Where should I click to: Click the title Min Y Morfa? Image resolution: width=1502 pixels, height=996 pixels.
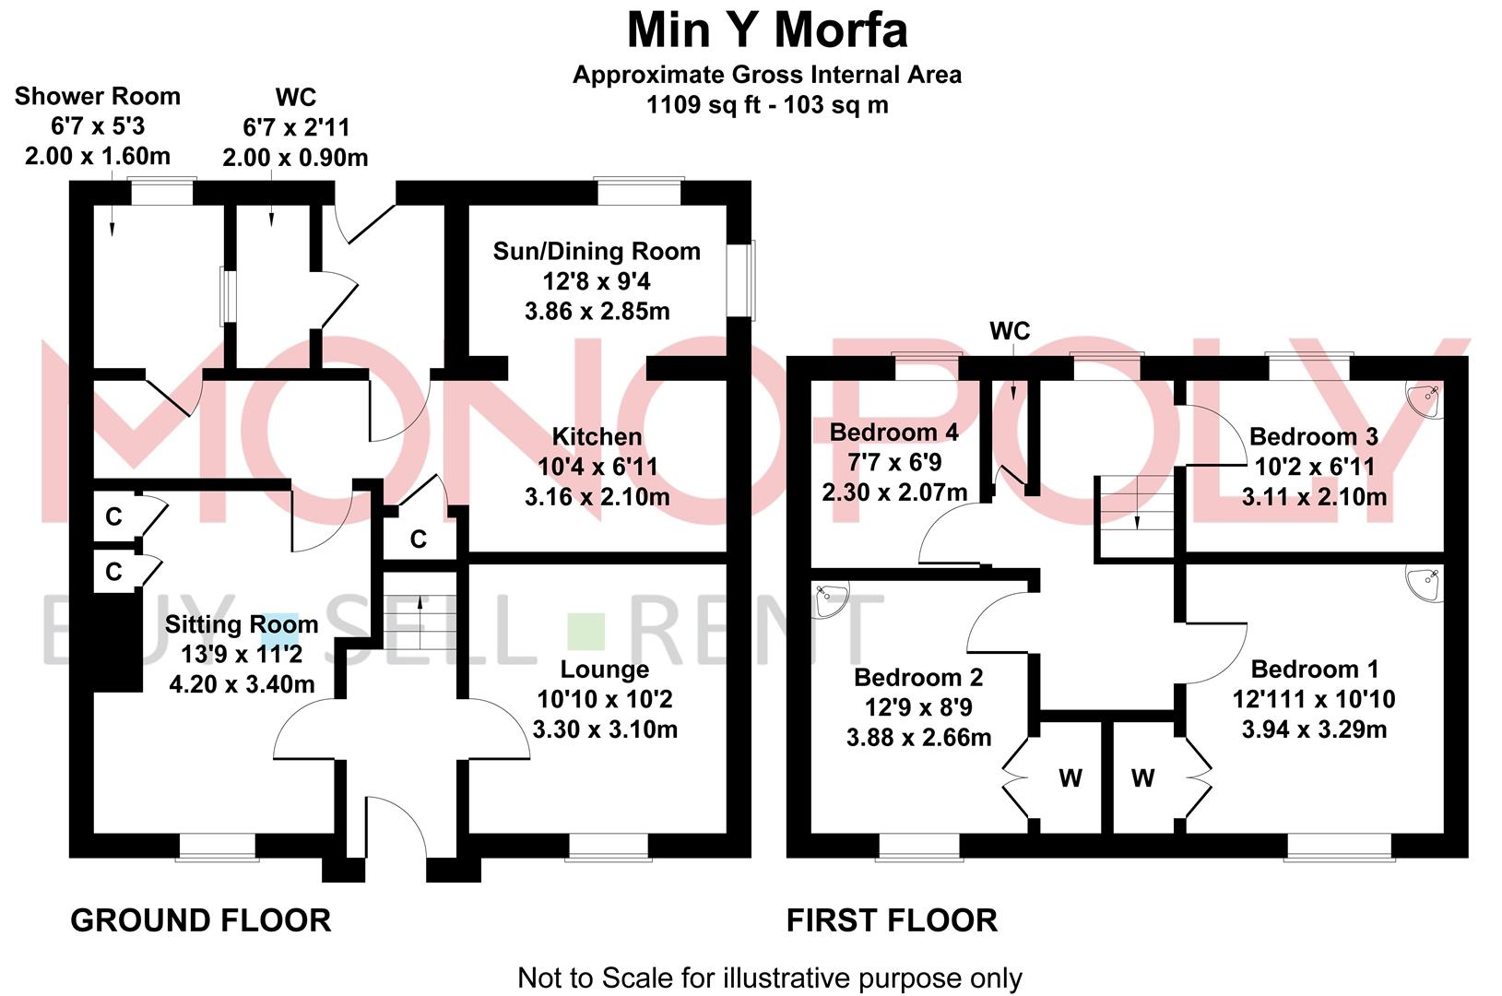pyautogui.click(x=767, y=30)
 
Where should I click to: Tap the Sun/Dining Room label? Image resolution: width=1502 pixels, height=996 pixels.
pyautogui.click(x=597, y=252)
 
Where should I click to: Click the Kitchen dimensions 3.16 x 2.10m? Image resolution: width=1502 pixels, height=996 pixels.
pyautogui.click(x=597, y=497)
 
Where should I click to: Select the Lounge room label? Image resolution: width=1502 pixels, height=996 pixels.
pyautogui.click(x=605, y=670)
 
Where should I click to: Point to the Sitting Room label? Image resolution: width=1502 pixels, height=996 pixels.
pyautogui.click(x=242, y=624)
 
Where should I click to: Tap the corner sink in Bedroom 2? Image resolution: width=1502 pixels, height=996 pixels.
pyautogui.click(x=829, y=599)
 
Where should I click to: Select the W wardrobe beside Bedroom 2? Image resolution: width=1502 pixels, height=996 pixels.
pyautogui.click(x=1070, y=778)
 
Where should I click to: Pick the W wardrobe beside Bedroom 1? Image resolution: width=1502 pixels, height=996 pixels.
pyautogui.click(x=1142, y=778)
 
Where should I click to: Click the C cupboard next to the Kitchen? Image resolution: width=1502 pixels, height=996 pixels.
pyautogui.click(x=419, y=539)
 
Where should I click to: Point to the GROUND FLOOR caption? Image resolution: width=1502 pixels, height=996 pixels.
pyautogui.click(x=200, y=920)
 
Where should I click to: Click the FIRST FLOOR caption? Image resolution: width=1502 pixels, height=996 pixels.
pyautogui.click(x=892, y=920)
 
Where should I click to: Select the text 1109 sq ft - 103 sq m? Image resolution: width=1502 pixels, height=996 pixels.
pyautogui.click(x=767, y=105)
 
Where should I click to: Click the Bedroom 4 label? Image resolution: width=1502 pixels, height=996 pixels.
pyautogui.click(x=893, y=433)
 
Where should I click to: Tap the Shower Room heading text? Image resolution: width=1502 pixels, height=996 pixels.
pyautogui.click(x=98, y=97)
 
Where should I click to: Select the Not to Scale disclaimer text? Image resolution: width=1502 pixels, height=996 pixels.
pyautogui.click(x=769, y=978)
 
